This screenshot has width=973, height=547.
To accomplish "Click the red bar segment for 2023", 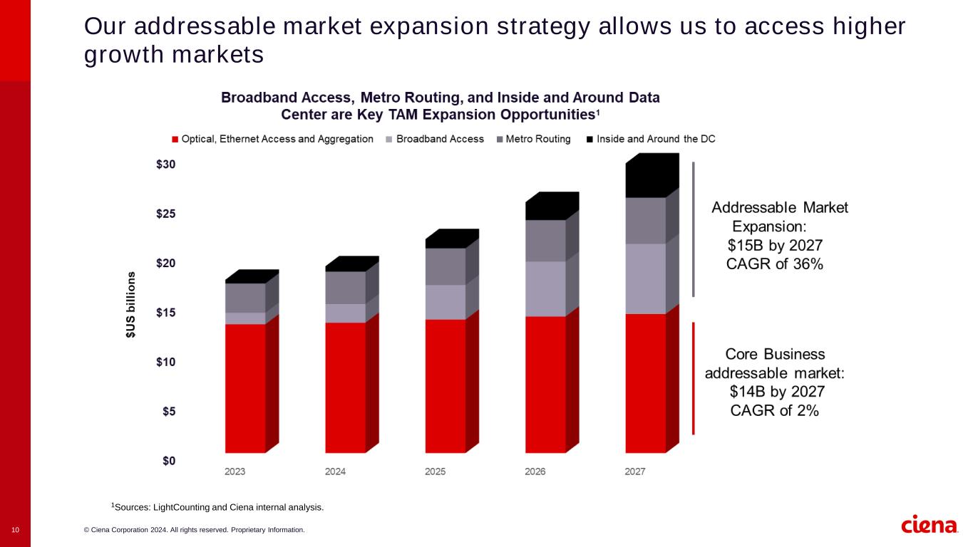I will click(245, 388).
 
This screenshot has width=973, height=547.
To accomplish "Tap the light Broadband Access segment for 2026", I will click(545, 288).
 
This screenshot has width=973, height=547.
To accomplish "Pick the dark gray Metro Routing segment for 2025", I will click(446, 266).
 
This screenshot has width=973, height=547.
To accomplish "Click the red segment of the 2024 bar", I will click(345, 387).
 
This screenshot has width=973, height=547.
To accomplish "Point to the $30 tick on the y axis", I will click(165, 165).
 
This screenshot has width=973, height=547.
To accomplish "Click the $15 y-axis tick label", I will click(165, 313).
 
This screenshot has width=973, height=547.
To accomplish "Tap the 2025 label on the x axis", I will click(435, 472).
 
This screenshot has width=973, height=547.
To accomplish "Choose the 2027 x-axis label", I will click(634, 472).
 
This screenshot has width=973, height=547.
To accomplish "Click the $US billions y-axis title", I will click(131, 304).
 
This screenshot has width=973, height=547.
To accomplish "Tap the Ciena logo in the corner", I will click(930, 525).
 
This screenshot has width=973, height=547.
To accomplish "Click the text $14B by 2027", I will click(777, 392).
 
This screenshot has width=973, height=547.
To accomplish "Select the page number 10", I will click(15, 530).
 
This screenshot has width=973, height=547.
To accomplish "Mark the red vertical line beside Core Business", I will click(693, 378).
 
